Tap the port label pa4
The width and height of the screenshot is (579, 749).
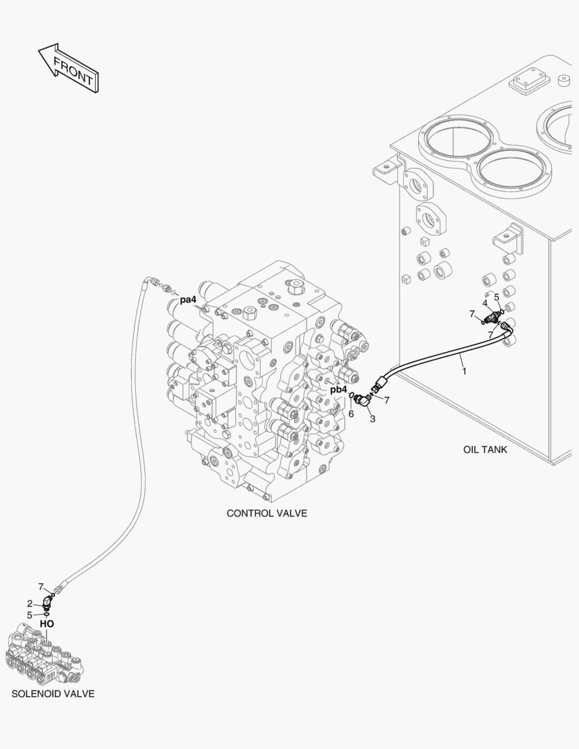(188, 300)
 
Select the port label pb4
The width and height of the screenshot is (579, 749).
(338, 390)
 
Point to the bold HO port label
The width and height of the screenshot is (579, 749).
(46, 623)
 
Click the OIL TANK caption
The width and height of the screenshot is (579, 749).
(485, 449)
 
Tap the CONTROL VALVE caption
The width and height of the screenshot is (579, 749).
(266, 513)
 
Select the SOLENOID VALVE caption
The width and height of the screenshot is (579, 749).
(53, 694)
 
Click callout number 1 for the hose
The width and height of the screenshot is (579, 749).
(464, 371)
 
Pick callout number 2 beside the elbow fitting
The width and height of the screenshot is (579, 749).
(30, 603)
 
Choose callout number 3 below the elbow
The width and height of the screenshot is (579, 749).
(372, 418)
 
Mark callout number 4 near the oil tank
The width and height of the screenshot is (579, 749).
(485, 302)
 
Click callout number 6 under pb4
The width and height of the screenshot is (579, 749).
(351, 413)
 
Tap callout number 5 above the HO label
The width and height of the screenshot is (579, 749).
(29, 614)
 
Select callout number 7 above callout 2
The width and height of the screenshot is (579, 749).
(40, 586)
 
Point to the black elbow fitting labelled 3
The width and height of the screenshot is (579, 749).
(363, 400)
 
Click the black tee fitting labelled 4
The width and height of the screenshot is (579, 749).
(493, 318)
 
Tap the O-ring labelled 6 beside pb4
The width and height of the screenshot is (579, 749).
(352, 397)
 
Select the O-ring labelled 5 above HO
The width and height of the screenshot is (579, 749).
(46, 614)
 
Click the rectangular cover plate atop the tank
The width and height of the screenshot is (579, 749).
(529, 85)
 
